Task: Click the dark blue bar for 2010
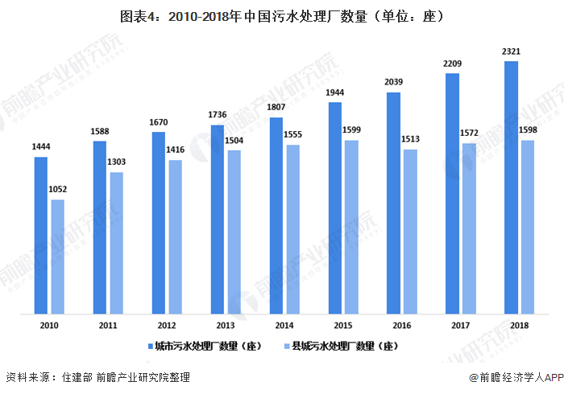pos(40,235)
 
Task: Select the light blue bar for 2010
pos(57,257)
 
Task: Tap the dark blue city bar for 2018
pos(511,187)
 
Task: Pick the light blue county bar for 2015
pos(351,227)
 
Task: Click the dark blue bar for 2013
pos(217,219)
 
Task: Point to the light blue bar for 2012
pos(175,236)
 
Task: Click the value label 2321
pos(511,51)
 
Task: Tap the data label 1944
pos(334,92)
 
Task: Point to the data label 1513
pos(411,140)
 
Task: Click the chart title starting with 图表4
pos(281,14)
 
